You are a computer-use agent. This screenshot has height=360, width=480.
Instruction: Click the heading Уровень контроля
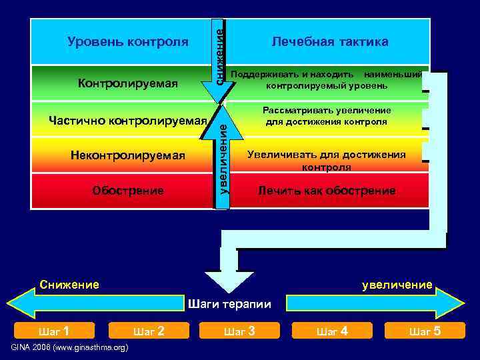click(x=128, y=42)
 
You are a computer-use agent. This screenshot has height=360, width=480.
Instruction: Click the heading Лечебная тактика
click(x=329, y=42)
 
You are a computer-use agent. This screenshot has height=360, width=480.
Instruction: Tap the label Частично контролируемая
click(x=128, y=121)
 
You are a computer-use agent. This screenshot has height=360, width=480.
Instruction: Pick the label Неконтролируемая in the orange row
click(x=127, y=155)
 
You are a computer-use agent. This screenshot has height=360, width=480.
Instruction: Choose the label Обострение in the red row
click(x=128, y=191)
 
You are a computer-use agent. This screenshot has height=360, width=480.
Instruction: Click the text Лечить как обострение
click(x=327, y=191)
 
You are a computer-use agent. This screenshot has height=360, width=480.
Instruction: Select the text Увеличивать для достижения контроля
click(x=326, y=161)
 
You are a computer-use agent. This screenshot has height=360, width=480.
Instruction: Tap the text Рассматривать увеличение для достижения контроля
click(x=326, y=116)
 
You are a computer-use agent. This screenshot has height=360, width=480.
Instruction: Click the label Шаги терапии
click(x=230, y=304)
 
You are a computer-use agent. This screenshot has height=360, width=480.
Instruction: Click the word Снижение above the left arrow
click(x=69, y=285)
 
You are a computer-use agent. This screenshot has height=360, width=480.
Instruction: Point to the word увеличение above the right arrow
click(x=397, y=285)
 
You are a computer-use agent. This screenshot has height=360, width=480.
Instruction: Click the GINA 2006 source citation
click(x=70, y=348)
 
